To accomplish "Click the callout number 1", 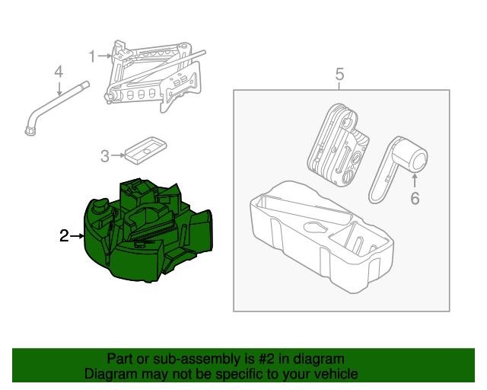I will click(x=92, y=56).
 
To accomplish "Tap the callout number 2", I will click(x=65, y=237).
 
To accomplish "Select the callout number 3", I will click(x=105, y=157).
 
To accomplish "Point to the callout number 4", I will click(x=58, y=72).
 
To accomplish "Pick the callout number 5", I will click(x=340, y=74).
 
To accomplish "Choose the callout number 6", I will click(x=415, y=199).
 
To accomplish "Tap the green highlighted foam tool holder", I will click(x=148, y=229).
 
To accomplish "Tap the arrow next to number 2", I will click(x=78, y=237).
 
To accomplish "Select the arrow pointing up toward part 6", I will click(x=415, y=181).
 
